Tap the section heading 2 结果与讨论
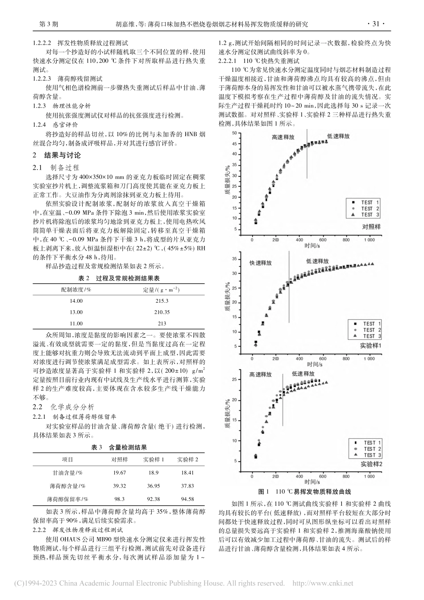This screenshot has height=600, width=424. click(57, 155)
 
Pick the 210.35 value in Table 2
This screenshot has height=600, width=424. click(162, 312)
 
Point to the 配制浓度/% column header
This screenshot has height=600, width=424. click(76, 289)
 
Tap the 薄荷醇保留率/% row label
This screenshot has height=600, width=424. click(67, 499)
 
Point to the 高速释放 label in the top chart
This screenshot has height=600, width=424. click(283, 138)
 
